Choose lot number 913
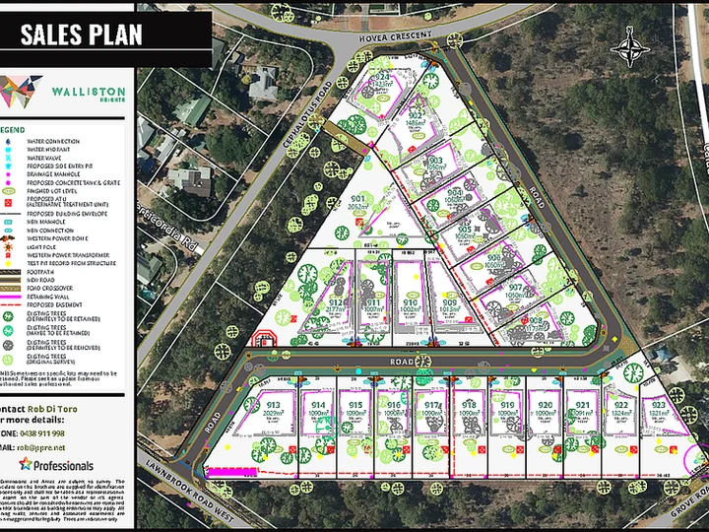pyautogui.click(x=274, y=405)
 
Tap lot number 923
pyautogui.click(x=659, y=404)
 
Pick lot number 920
pyautogui.click(x=545, y=405)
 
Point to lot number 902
pyautogui.click(x=416, y=115)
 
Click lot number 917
pyautogui.click(x=432, y=405)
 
